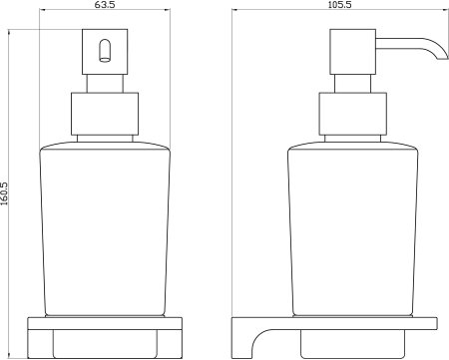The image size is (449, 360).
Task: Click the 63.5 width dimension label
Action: [105, 5]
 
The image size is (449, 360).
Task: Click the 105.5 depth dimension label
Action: [339, 4]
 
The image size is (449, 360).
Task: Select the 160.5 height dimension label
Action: [4, 193]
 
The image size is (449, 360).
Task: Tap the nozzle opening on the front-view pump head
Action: [105, 51]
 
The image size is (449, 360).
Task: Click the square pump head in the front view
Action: [105, 52]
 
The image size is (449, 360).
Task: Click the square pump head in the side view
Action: [352, 52]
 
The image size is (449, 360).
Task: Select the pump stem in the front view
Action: [105, 84]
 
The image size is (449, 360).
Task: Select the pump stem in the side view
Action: [352, 84]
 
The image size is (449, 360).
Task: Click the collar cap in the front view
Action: [105, 114]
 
